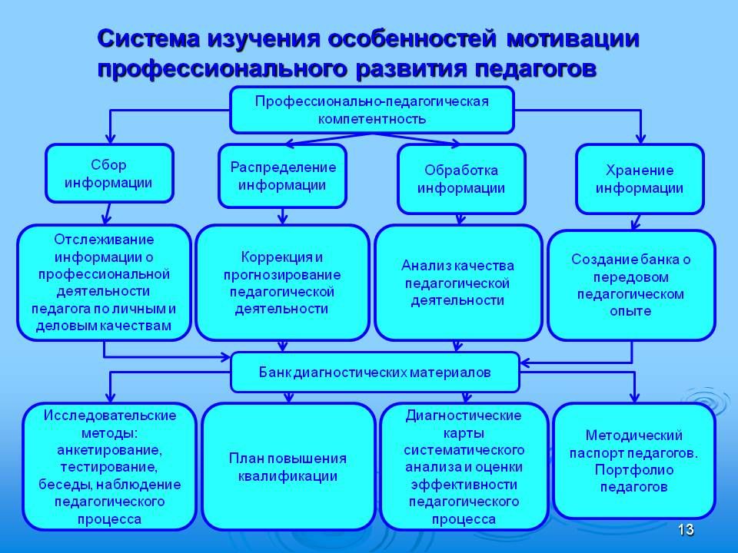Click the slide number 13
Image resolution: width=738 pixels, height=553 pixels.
click(x=686, y=529)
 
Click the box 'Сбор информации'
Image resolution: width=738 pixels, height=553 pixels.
click(x=109, y=174)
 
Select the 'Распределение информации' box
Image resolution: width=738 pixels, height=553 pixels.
click(x=281, y=176)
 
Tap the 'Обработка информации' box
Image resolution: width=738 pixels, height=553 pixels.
click(x=460, y=178)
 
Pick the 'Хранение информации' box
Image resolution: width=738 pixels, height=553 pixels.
click(x=640, y=179)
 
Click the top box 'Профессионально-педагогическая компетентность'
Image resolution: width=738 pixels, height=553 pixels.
click(x=372, y=109)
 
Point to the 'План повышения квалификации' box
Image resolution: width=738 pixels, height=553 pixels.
click(x=288, y=467)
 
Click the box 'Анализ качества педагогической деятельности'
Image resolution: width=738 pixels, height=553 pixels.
click(x=457, y=282)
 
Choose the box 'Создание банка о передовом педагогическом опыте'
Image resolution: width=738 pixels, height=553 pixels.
click(x=630, y=285)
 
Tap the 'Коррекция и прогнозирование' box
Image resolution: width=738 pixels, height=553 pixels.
click(x=281, y=282)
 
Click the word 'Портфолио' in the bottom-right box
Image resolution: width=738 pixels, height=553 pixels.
click(x=634, y=469)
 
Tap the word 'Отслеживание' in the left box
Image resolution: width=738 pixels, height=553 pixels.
click(x=104, y=239)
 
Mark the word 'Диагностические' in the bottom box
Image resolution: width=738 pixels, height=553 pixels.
click(x=464, y=416)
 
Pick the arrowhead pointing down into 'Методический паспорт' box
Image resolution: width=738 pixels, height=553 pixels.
click(x=634, y=397)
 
